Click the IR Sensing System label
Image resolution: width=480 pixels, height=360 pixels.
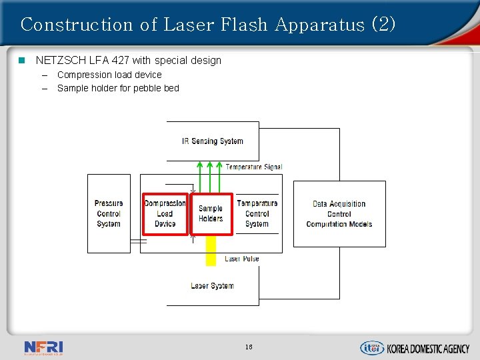[x=212, y=141]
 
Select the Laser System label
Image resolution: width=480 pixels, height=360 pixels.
[x=212, y=286]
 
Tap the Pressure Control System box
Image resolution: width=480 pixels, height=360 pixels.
[x=109, y=213]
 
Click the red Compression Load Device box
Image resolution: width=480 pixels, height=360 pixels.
[x=165, y=213]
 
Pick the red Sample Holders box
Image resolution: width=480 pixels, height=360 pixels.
[x=211, y=213]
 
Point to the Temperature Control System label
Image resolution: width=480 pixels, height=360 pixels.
[x=257, y=213]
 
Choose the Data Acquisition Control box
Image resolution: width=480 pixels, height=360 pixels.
[x=339, y=214]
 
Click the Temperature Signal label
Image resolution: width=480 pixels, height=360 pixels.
[x=253, y=167]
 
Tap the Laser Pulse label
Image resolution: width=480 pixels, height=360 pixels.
[x=241, y=259]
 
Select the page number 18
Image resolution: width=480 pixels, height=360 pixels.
[x=249, y=347]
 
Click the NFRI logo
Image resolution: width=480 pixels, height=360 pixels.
[x=43, y=347]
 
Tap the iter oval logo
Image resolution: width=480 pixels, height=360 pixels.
[x=372, y=347]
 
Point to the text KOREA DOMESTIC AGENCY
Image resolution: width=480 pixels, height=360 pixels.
[x=428, y=348]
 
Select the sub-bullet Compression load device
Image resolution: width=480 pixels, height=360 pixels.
[x=109, y=75]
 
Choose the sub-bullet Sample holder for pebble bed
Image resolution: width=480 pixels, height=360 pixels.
[x=118, y=88]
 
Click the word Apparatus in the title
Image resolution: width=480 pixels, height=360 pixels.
[x=319, y=25]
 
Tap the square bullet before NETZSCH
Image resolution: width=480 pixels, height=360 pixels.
[x=21, y=61]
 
